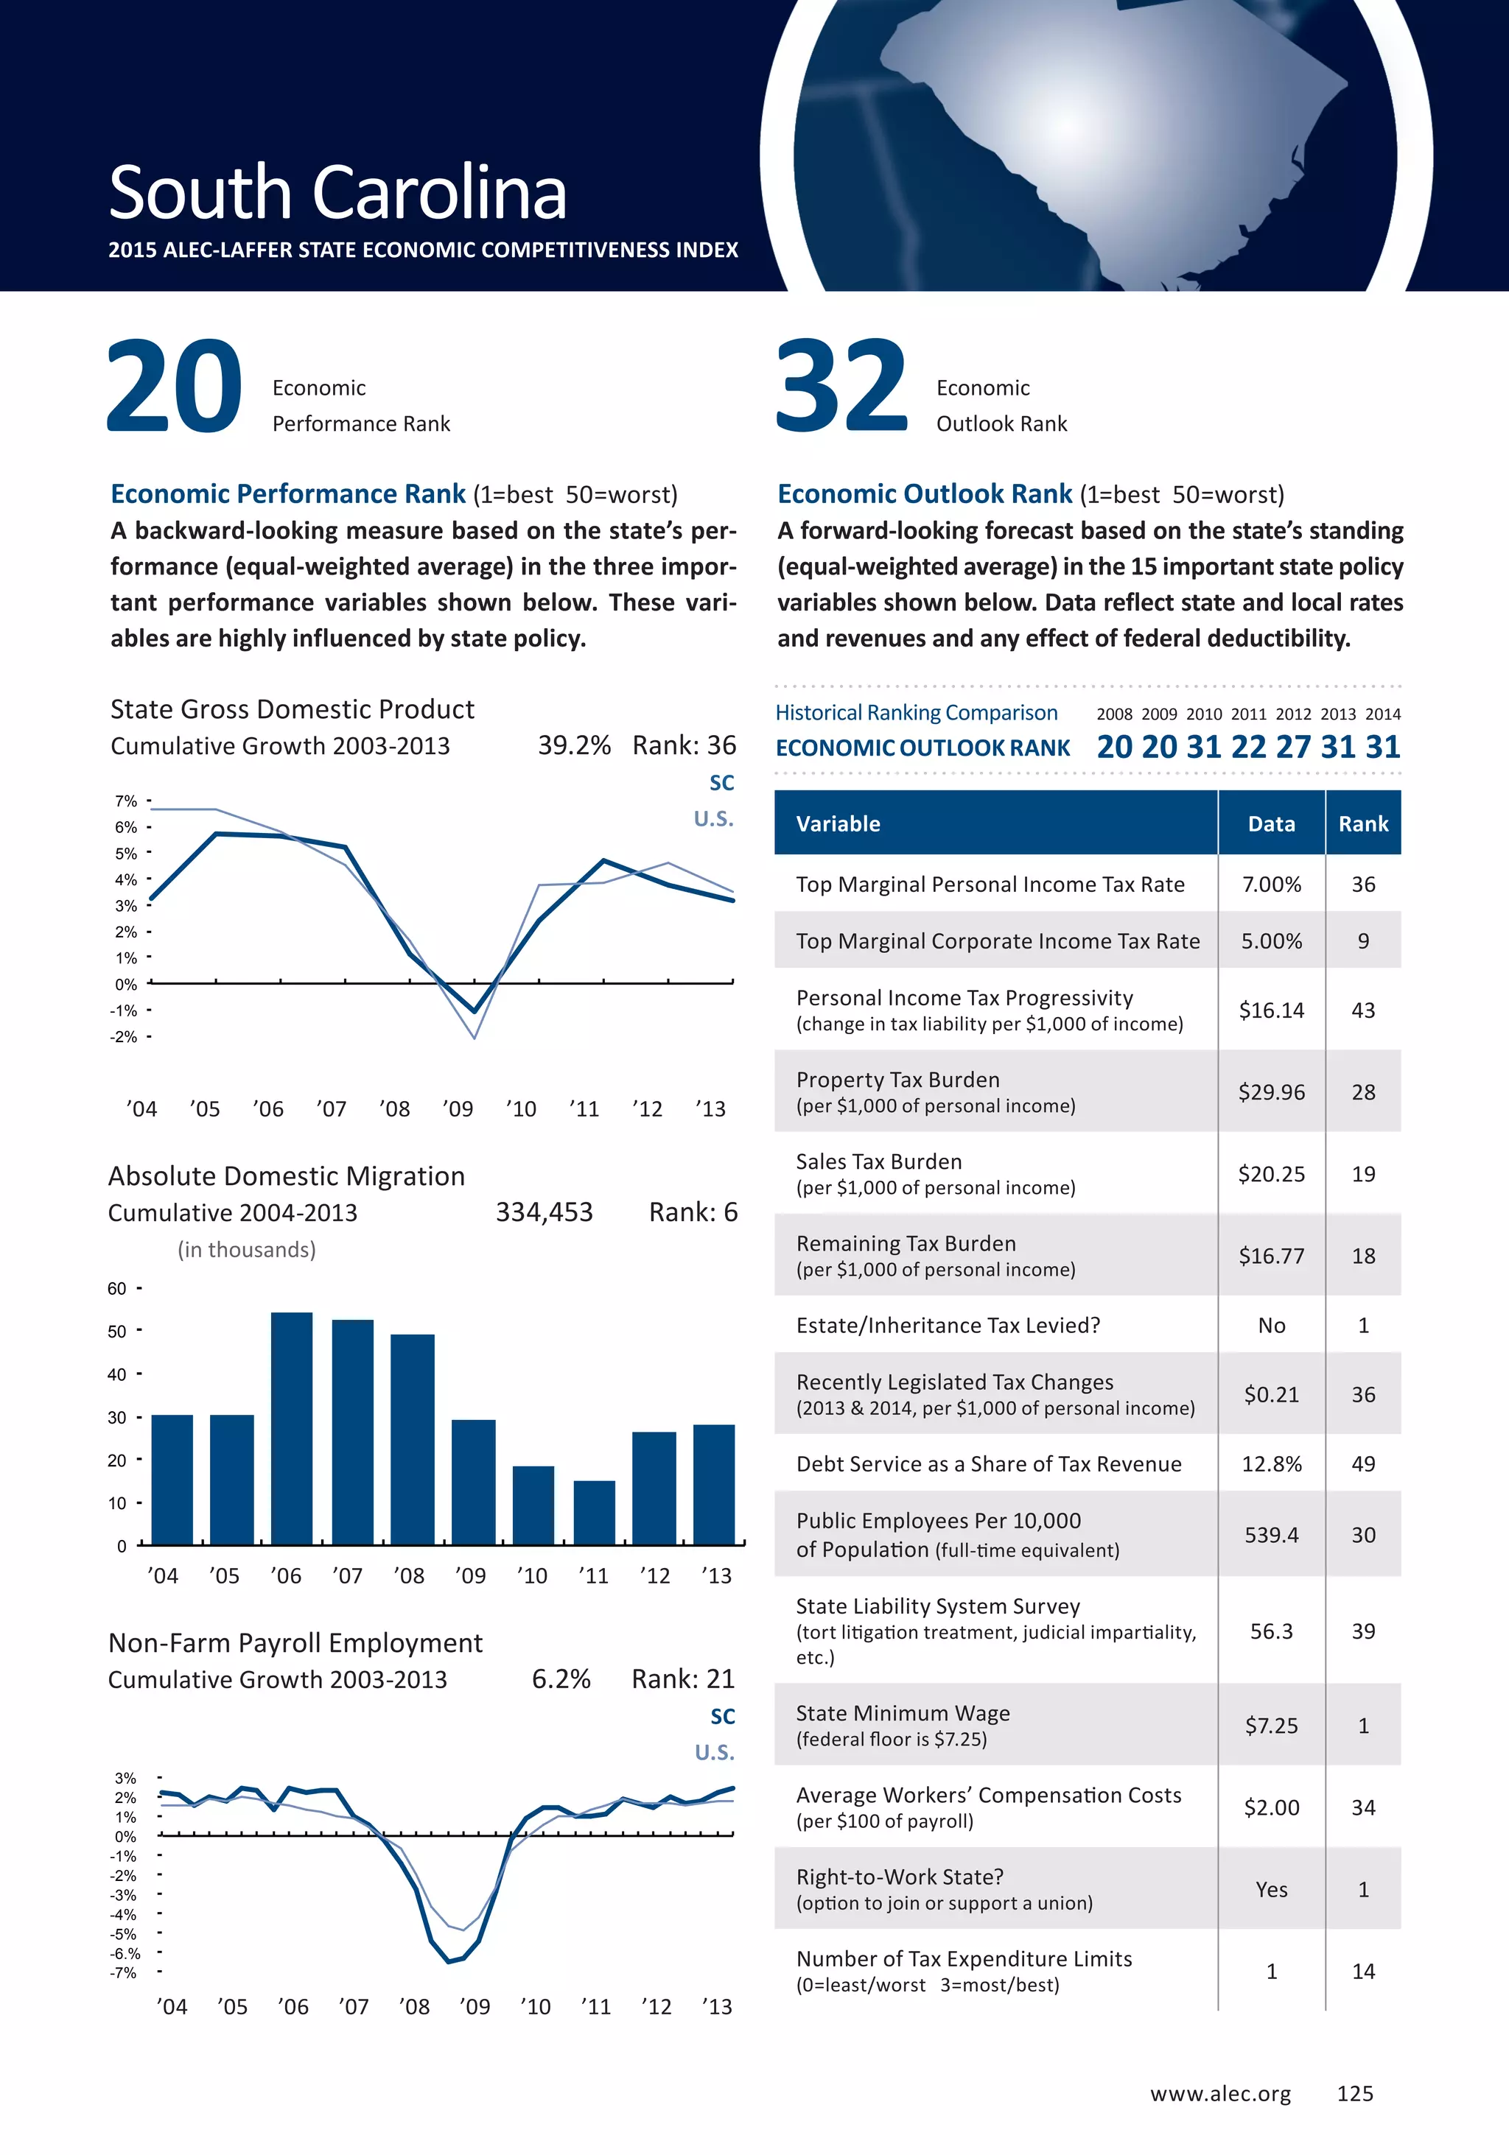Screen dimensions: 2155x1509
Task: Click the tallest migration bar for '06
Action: click(291, 1427)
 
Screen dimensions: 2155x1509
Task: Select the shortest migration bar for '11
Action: click(593, 1512)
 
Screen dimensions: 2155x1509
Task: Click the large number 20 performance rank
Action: click(175, 387)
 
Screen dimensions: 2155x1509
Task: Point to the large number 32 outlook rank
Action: click(841, 387)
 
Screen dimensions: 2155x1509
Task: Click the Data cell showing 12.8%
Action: click(1272, 1464)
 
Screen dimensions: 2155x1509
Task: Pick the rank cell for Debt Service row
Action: click(1362, 1464)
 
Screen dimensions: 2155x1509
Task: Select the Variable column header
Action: click(838, 824)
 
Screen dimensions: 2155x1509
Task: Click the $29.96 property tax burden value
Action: click(1272, 1092)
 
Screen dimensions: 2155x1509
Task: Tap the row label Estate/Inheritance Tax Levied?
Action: click(948, 1325)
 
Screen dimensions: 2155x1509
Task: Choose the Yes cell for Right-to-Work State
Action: click(1272, 1889)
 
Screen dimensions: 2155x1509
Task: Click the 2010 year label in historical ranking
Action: click(1204, 714)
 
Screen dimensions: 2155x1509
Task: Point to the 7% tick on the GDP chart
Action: click(126, 801)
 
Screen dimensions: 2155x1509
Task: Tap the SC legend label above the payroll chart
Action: click(722, 1717)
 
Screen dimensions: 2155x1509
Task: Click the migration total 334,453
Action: click(545, 1213)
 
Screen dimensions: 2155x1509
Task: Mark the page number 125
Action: click(1355, 2094)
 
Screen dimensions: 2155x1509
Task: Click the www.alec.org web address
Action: click(1219, 2094)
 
